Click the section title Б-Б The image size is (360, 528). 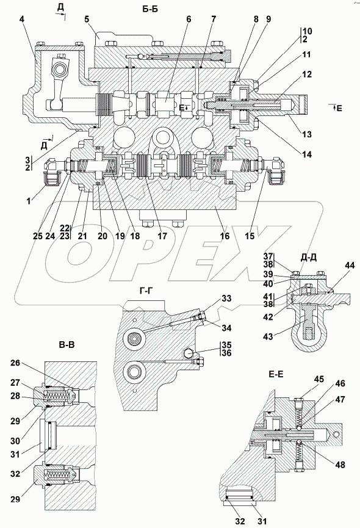[x=149, y=9]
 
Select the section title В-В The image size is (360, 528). [x=67, y=345]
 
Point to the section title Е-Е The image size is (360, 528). [x=276, y=374]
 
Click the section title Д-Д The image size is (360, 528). [x=309, y=258]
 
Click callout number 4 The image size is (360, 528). [x=22, y=19]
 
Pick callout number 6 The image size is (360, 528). [x=189, y=19]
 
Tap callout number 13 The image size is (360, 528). [x=307, y=134]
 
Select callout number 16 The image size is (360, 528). [x=225, y=236]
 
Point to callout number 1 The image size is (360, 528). [x=29, y=201]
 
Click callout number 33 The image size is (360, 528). [x=227, y=298]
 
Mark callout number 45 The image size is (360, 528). [x=319, y=380]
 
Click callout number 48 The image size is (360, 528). [x=340, y=465]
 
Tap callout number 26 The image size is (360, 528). [x=15, y=363]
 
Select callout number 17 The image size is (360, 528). [x=162, y=236]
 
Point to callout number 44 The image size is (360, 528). [x=350, y=266]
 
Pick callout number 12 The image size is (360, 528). [x=307, y=74]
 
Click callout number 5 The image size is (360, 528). [x=87, y=19]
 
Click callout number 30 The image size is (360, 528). [x=15, y=440]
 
